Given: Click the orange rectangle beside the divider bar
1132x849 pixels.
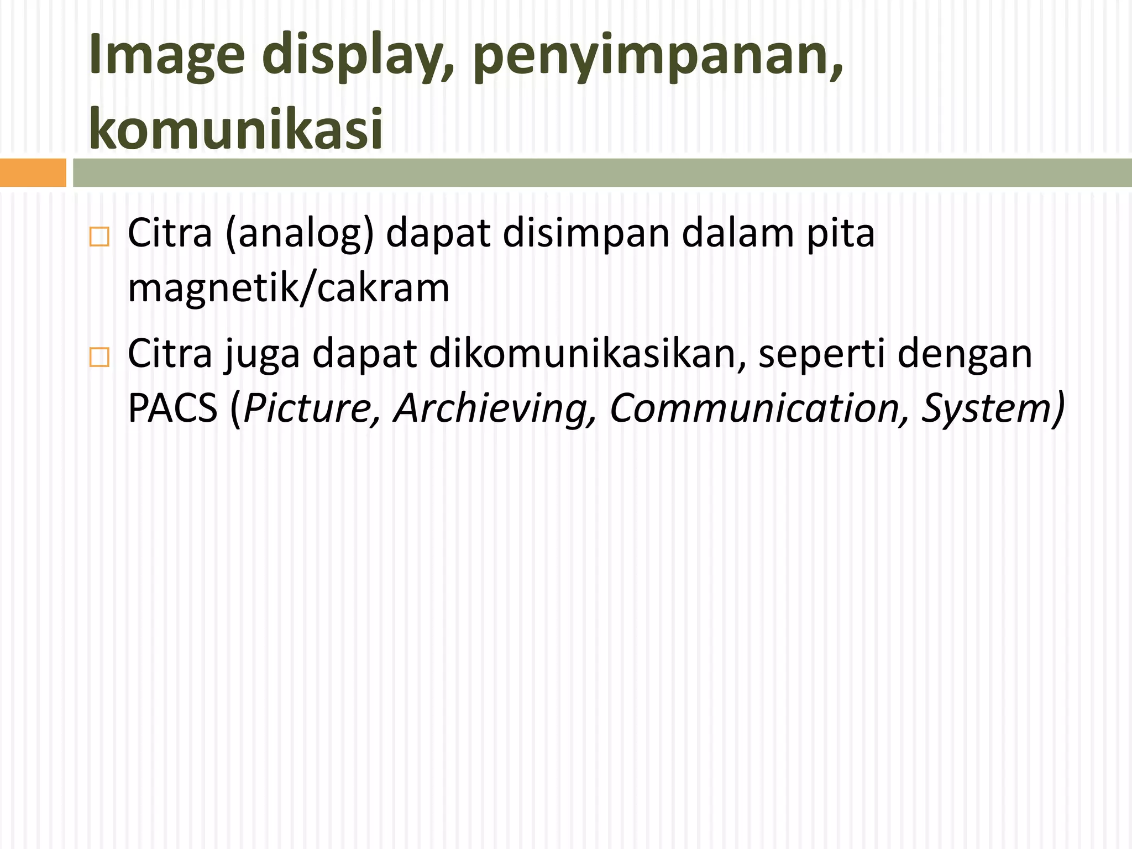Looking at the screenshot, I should click(33, 172).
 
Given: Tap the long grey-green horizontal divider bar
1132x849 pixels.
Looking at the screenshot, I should click(602, 172).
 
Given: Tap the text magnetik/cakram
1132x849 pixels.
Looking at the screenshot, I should click(289, 288).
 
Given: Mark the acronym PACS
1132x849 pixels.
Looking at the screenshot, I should click(172, 408).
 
